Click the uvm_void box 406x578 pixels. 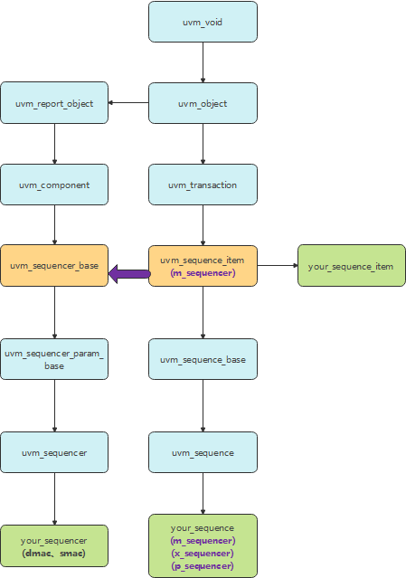tap(203, 22)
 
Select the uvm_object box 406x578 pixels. tap(203, 103)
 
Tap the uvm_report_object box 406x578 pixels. tap(54, 103)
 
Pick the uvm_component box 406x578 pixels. tap(54, 185)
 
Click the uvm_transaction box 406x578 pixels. tap(203, 185)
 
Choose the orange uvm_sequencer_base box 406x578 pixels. tap(54, 266)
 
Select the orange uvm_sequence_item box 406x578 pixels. tap(203, 266)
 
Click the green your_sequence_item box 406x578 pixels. tap(351, 266)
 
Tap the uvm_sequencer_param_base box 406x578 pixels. tap(54, 360)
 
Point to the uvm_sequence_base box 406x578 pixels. tap(203, 360)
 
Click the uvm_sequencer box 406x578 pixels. tap(54, 452)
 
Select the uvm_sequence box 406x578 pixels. tap(203, 452)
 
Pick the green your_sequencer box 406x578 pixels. tap(54, 545)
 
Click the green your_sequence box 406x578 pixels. tap(203, 545)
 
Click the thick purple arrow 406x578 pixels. tap(129, 273)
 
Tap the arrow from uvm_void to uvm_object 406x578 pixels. tap(203, 62)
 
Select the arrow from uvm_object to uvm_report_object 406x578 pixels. tap(128, 102)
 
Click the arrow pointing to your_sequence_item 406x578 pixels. tap(277, 266)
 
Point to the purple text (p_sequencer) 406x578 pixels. tap(203, 565)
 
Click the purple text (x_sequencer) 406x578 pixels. tap(203, 553)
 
